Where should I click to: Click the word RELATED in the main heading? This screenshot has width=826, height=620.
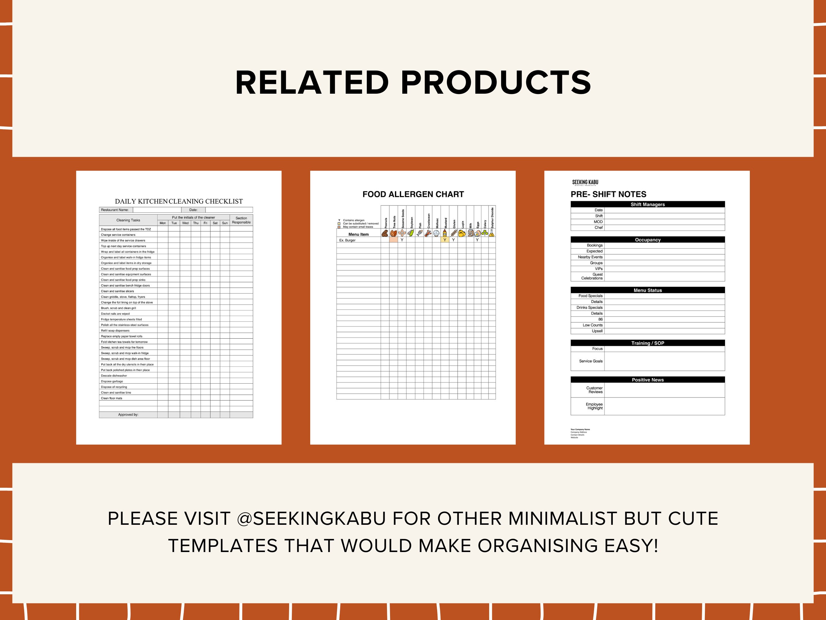pyautogui.click(x=312, y=83)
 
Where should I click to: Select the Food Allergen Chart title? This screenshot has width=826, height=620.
pyautogui.click(x=413, y=194)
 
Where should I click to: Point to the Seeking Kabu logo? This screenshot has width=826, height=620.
pyautogui.click(x=585, y=182)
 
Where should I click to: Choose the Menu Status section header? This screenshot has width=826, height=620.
pyautogui.click(x=648, y=290)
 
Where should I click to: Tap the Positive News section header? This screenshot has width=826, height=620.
pyautogui.click(x=648, y=380)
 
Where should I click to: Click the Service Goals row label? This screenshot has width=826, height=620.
pyautogui.click(x=591, y=361)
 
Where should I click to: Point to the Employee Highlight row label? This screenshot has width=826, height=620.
pyautogui.click(x=594, y=406)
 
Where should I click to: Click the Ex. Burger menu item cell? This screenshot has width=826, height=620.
pyautogui.click(x=348, y=240)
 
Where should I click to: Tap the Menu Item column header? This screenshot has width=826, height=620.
pyautogui.click(x=359, y=234)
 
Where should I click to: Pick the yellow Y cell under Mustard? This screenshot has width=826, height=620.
pyautogui.click(x=445, y=240)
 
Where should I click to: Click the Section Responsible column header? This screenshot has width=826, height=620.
pyautogui.click(x=241, y=220)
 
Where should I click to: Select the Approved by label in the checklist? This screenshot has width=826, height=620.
pyautogui.click(x=128, y=415)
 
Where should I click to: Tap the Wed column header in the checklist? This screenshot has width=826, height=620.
pyautogui.click(x=185, y=223)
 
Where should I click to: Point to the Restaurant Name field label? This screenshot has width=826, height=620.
pyautogui.click(x=115, y=210)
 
